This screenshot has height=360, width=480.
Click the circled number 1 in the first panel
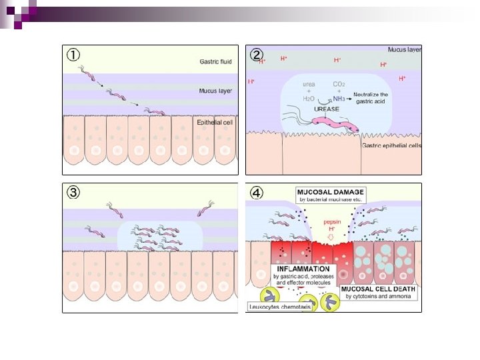tap(71, 54)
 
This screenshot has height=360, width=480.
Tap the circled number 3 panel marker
tap(72, 193)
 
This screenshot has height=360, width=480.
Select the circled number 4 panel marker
tap(256, 193)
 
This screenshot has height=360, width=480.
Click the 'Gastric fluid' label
tap(216, 61)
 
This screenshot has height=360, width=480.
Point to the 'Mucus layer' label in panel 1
tap(215, 91)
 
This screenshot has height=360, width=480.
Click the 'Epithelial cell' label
tap(214, 123)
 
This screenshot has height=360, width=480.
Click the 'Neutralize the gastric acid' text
tap(371, 98)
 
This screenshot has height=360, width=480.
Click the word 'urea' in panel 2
tap(309, 85)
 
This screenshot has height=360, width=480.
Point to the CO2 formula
tap(340, 85)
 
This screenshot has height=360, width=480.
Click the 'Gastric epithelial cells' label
tap(392, 145)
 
